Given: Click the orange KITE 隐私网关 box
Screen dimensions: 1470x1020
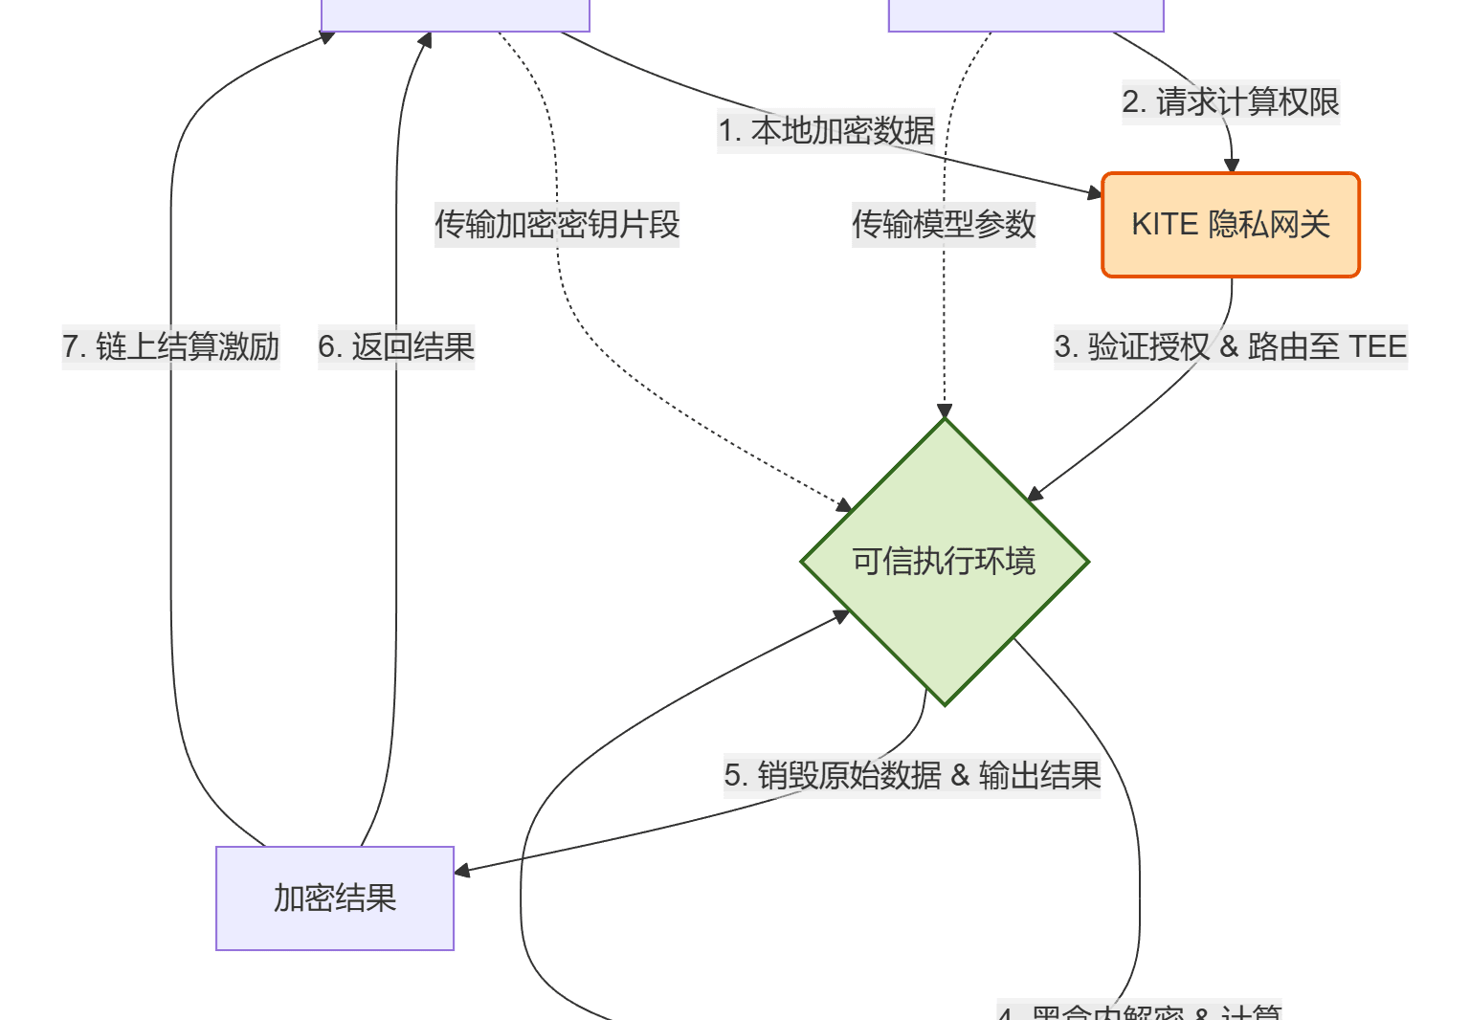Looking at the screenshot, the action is tap(1231, 225).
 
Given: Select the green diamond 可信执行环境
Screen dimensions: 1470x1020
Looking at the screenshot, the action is tap(945, 562).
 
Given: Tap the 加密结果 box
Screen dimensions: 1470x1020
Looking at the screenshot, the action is tap(335, 898).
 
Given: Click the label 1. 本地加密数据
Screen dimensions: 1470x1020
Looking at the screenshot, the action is tap(827, 130).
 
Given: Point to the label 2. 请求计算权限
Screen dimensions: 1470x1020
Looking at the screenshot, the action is tap(1231, 101).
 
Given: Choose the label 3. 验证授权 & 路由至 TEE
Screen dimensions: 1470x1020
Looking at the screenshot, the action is tap(1231, 346).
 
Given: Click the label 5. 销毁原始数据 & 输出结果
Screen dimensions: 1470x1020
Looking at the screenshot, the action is tap(912, 775).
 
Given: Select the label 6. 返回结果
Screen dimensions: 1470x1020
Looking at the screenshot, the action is tap(396, 346).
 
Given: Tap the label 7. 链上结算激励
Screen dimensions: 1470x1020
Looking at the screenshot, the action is tap(171, 346).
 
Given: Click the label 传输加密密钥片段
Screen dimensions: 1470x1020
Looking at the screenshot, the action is tap(557, 225).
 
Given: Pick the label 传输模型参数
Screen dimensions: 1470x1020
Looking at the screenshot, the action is tap(944, 225).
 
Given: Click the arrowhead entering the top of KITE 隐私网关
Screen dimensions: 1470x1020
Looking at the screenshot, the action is tap(1232, 166).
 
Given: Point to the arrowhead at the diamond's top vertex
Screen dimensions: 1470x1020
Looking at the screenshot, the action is tap(945, 412).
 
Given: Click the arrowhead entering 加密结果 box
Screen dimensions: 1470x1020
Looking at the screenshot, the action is tap(462, 871).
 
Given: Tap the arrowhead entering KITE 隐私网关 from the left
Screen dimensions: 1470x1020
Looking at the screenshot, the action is tap(1096, 193).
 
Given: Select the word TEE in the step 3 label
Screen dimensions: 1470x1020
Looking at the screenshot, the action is tap(1377, 346).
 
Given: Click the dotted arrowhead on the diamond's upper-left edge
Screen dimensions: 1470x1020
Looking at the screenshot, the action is tap(844, 505).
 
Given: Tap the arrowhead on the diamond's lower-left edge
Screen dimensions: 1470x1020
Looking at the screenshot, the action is tap(842, 616).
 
